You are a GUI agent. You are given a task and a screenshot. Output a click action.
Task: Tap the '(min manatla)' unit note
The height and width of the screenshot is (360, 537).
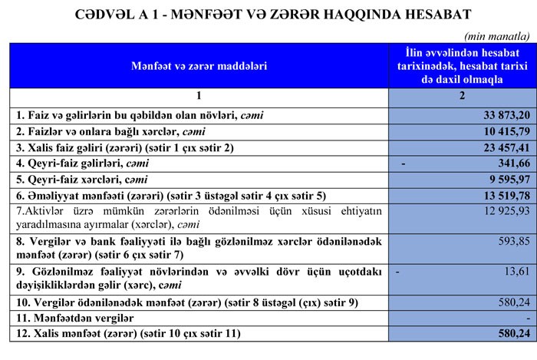coord(496,35)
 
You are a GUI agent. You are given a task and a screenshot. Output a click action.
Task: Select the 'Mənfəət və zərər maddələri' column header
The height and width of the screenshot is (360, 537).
coord(198,66)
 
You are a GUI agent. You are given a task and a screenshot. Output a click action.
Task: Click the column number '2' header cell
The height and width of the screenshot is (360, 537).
coord(461,96)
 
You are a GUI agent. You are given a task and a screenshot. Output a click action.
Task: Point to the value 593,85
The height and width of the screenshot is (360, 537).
coord(509,241)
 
